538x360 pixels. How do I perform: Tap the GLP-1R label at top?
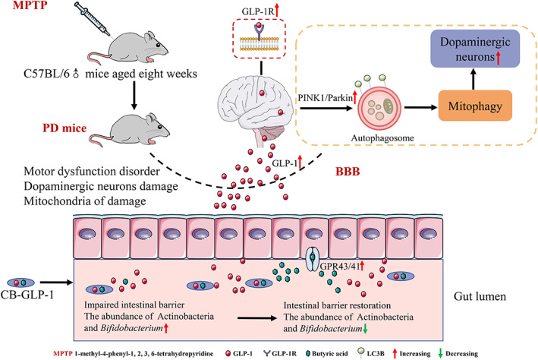pyautogui.click(x=259, y=12)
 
